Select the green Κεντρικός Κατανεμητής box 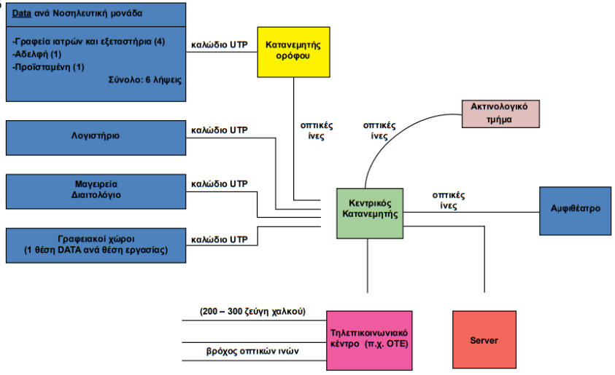tap(370, 212)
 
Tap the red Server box tap(483, 339)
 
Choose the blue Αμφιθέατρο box tap(575, 210)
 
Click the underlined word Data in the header tap(23, 14)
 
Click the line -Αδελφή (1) tap(39, 54)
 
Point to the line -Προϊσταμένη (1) tap(49, 66)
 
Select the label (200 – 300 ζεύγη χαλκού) tap(252, 313)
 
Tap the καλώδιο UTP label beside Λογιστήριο tap(219, 130)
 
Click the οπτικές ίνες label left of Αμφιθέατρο tap(449, 200)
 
